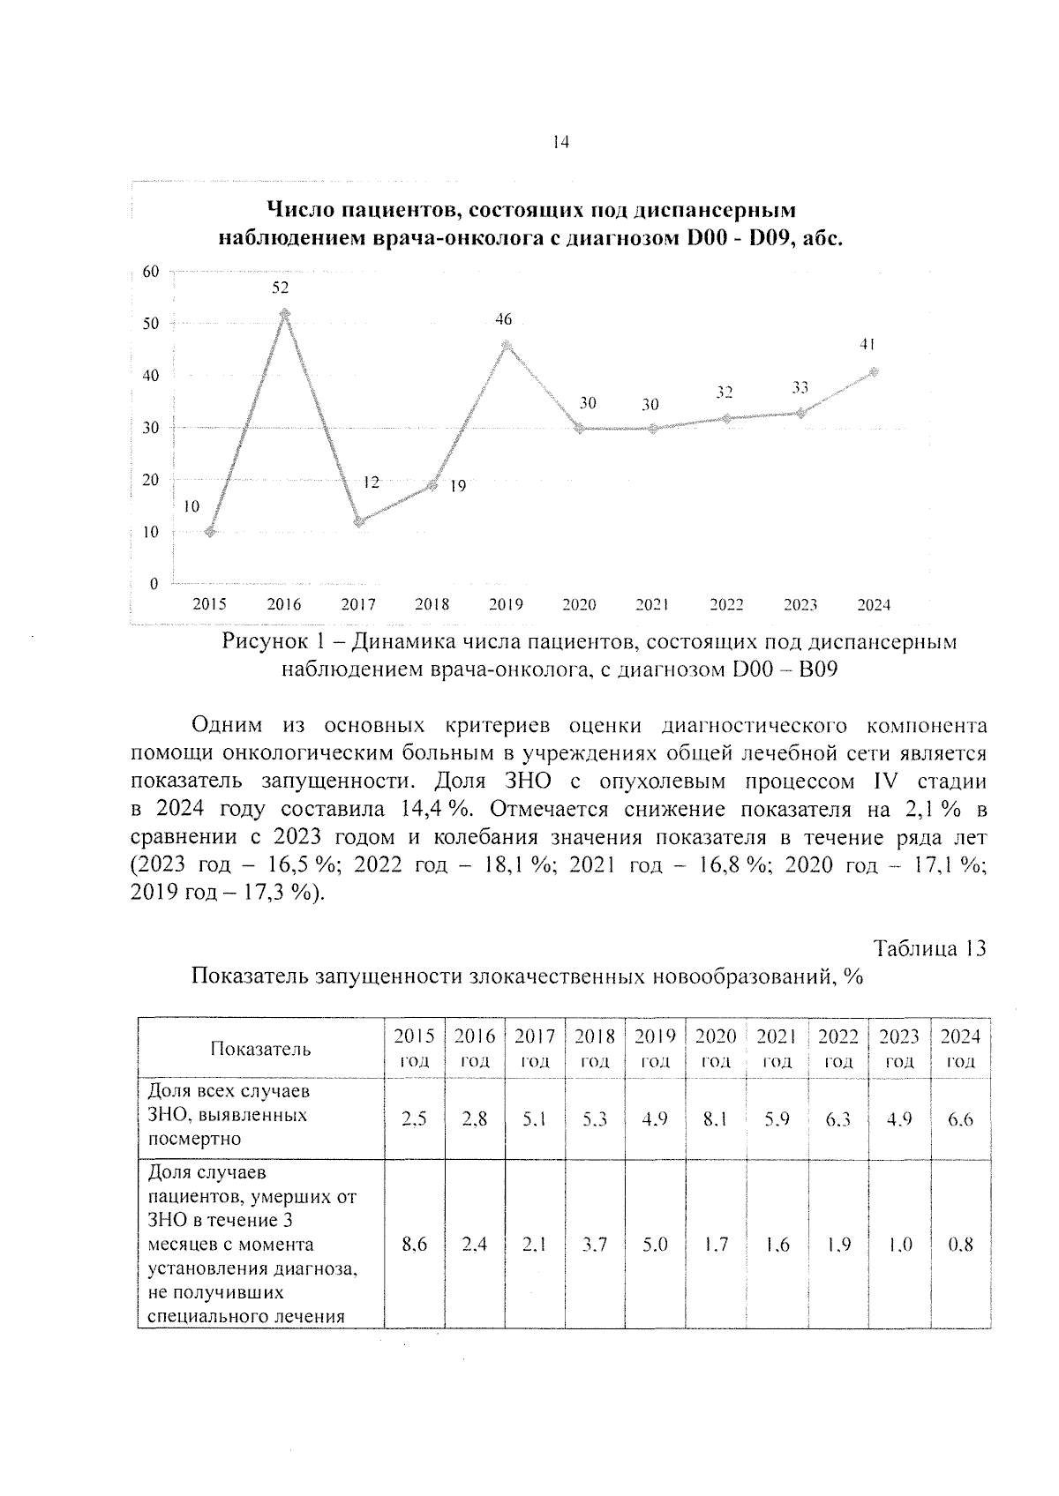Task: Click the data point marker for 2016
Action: coord(284,314)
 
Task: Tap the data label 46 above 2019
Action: coord(504,320)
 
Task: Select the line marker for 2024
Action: coord(874,372)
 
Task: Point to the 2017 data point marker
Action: coord(358,522)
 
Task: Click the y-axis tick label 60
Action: coord(152,272)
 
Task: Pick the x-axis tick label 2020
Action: coord(579,605)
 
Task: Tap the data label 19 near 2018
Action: coord(457,486)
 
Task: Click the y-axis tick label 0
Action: coord(154,584)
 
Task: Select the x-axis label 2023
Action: coord(800,605)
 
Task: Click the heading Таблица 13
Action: coord(929,949)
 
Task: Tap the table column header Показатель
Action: coord(260,1049)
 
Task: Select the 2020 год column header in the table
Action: coord(716,1048)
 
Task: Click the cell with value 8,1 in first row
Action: coord(716,1119)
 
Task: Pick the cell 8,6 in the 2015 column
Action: coord(414,1245)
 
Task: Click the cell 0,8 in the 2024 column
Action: coord(960,1245)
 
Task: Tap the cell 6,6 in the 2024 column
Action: coord(960,1119)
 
